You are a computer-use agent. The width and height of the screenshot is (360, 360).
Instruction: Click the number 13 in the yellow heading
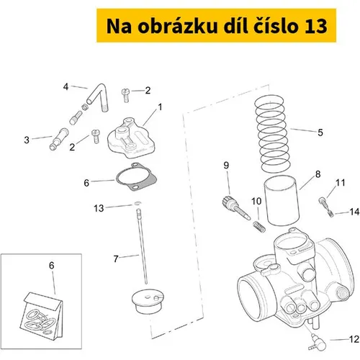(316, 26)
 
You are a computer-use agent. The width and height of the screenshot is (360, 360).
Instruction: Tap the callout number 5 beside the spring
(320, 132)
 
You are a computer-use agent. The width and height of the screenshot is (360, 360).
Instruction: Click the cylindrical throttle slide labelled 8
(282, 201)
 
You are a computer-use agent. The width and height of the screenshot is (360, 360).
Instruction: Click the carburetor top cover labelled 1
(131, 138)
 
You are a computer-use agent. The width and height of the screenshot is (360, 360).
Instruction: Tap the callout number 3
(27, 140)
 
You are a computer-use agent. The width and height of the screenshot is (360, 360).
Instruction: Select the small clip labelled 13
(138, 204)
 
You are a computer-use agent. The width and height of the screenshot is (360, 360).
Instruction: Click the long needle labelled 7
(142, 246)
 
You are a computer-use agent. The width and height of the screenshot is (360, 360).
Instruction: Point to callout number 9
(226, 166)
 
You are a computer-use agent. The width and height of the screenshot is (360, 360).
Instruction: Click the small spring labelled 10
(259, 226)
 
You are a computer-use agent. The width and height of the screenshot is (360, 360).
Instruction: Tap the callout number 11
(340, 183)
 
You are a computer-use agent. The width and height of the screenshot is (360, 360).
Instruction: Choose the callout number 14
(354, 212)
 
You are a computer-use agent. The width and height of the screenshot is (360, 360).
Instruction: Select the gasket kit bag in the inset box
(43, 315)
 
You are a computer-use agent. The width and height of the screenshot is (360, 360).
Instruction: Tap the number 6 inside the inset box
(52, 266)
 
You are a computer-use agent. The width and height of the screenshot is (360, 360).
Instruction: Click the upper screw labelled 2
(125, 95)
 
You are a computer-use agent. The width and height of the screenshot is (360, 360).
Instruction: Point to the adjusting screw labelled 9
(235, 208)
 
